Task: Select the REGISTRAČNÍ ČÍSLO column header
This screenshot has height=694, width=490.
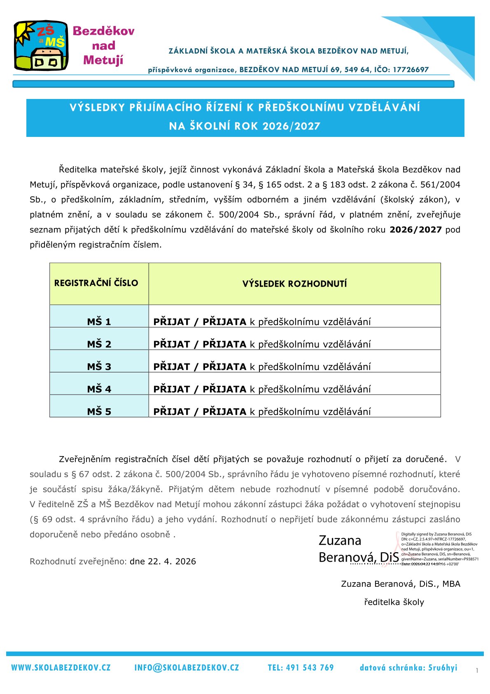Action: (x=96, y=283)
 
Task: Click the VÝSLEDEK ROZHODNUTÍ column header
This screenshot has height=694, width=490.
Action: (x=294, y=284)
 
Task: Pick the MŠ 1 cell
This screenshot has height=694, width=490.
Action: (x=99, y=322)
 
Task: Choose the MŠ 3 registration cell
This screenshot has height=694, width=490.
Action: (x=99, y=367)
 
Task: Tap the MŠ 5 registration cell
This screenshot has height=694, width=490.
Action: (x=99, y=412)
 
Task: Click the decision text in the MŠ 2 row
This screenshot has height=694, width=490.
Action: (x=262, y=344)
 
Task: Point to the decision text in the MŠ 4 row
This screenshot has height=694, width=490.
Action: (x=262, y=389)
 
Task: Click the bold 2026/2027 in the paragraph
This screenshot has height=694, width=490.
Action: (x=415, y=230)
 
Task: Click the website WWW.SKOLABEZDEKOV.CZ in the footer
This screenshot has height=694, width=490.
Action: (x=61, y=668)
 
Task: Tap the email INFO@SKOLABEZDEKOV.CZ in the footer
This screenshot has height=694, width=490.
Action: (x=187, y=668)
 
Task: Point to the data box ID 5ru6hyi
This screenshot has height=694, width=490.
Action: (x=443, y=668)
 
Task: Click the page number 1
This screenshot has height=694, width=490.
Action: (x=477, y=671)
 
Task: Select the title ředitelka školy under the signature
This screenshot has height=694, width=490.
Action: (x=394, y=602)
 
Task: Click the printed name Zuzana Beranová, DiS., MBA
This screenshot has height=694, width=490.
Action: (x=401, y=584)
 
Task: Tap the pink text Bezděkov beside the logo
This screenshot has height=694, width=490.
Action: (x=103, y=31)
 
